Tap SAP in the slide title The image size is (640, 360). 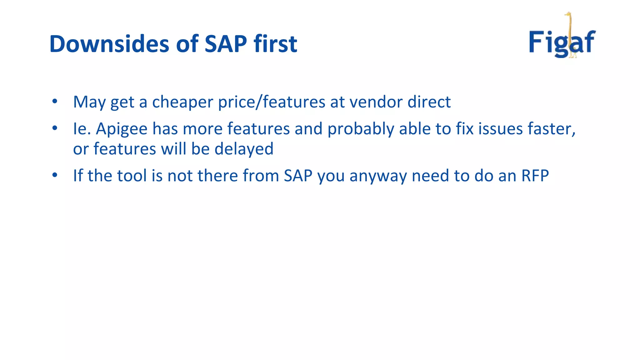226,44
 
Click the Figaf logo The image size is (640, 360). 562,41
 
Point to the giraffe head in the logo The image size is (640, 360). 568,14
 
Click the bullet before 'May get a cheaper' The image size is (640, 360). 55,101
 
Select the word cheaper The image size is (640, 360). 182,102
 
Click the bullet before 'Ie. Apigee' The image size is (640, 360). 55,128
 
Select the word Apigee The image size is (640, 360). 122,129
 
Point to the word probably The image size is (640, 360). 361,129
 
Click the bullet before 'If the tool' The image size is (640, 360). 55,175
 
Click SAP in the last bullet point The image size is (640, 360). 298,176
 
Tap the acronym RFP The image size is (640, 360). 535,176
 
